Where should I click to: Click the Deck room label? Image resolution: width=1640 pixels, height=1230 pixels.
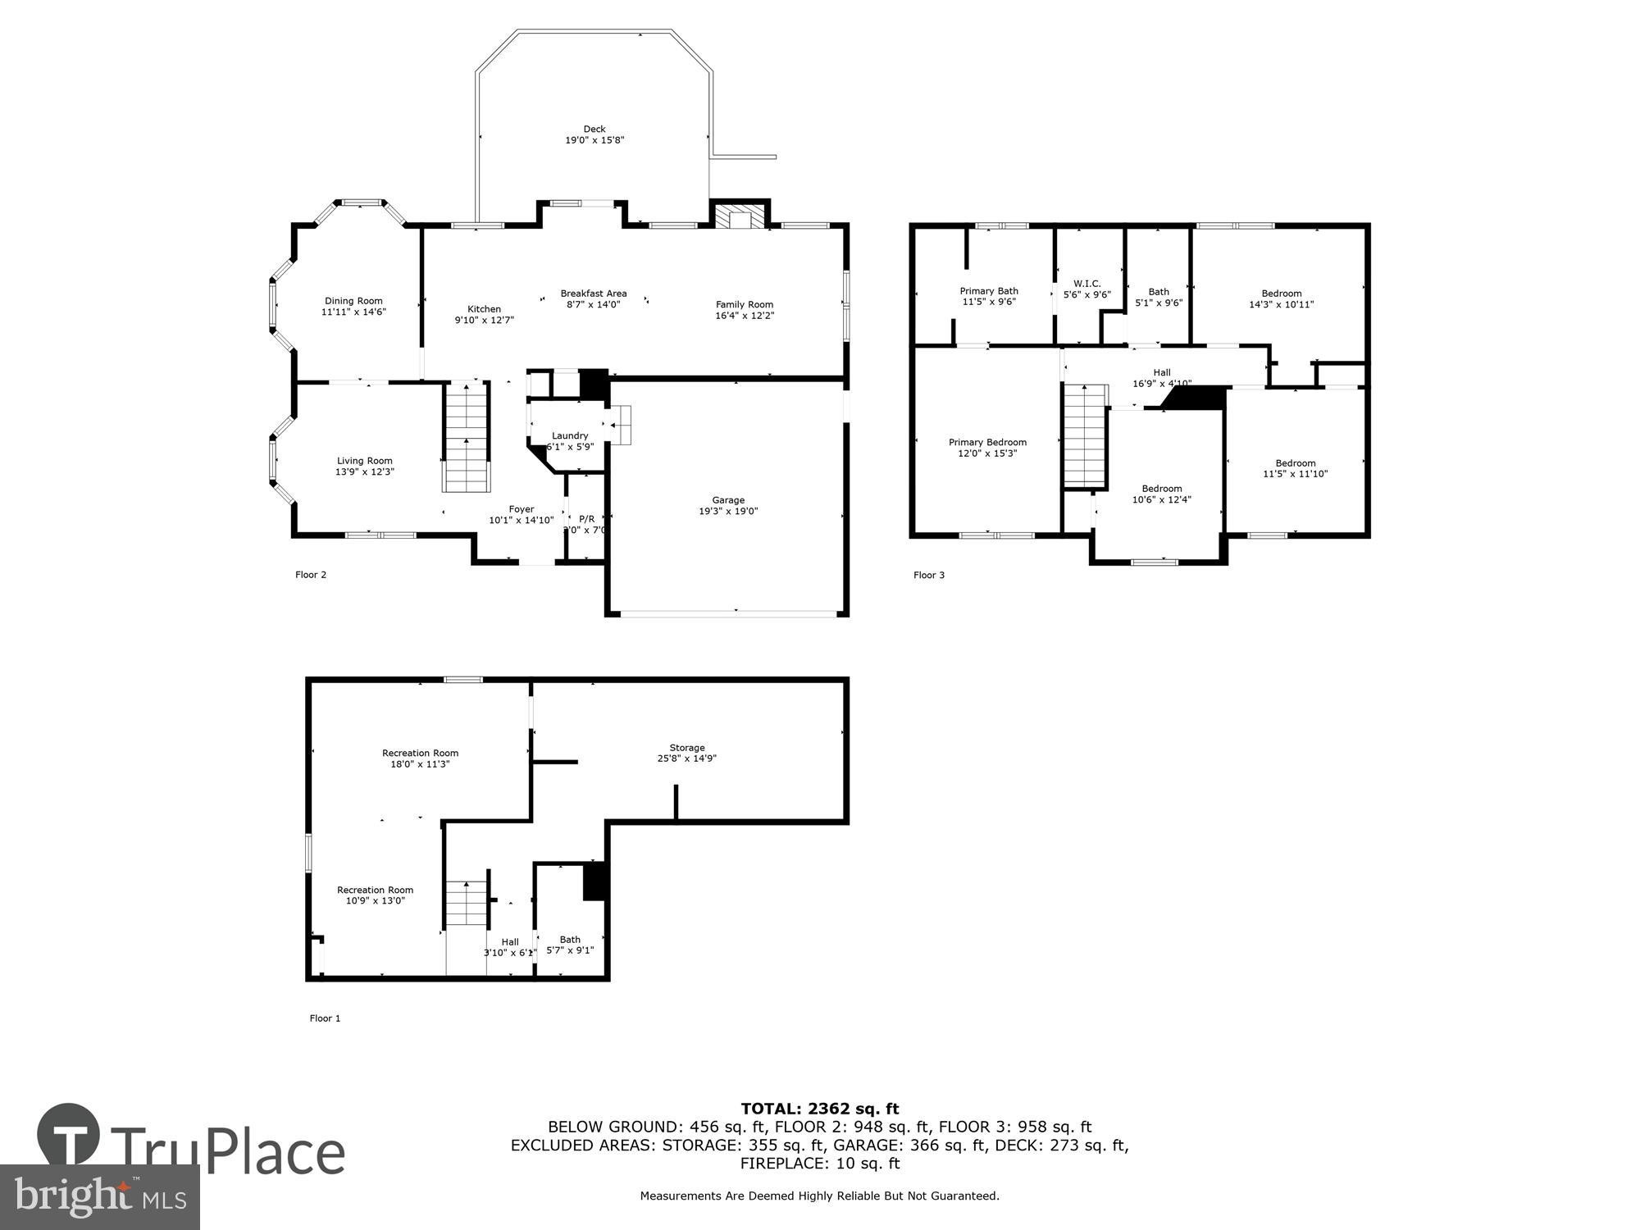coord(594,130)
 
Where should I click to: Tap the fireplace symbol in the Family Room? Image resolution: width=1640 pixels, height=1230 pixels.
coord(740,217)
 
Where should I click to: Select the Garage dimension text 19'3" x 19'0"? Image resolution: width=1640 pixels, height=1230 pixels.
coord(728,512)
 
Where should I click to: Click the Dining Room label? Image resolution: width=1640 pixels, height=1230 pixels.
coord(353,301)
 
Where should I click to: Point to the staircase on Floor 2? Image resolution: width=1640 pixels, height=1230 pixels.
coord(467,437)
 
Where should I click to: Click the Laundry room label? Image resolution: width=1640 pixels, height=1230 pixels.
coord(570,436)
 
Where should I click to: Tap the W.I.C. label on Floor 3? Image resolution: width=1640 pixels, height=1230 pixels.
coord(1086,284)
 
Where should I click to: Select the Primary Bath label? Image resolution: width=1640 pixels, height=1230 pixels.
coord(989,291)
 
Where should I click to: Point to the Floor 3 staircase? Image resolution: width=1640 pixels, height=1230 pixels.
coord(1086,436)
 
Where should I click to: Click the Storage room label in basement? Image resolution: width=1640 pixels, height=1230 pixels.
coord(687,748)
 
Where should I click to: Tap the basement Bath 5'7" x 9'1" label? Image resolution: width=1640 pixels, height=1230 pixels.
coord(570,945)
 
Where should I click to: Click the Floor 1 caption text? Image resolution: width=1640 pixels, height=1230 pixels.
coord(325,1018)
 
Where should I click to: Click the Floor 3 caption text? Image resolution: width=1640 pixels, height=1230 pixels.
coord(929,575)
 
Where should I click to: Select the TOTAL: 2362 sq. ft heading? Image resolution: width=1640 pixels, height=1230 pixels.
coord(819,1109)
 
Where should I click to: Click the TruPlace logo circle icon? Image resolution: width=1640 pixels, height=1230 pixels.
coord(69,1135)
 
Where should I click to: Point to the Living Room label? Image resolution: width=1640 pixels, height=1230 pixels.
coord(365,461)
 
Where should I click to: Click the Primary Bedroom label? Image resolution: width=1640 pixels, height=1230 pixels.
coord(987,442)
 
